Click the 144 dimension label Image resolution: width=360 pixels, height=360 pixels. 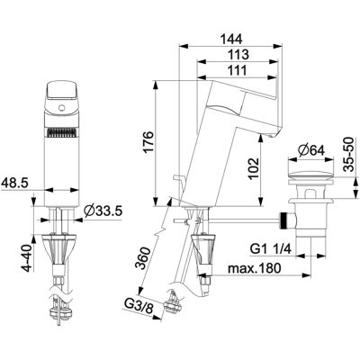point(230,39)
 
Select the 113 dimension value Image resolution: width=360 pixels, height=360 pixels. point(238,55)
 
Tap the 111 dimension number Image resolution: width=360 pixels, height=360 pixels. point(237,70)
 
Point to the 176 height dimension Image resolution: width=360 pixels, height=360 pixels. point(149,142)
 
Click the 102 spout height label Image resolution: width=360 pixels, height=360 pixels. point(254,168)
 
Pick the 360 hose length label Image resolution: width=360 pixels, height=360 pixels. point(142,258)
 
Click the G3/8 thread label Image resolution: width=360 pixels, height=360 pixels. point(139,308)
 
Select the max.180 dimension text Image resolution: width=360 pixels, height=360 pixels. point(255,268)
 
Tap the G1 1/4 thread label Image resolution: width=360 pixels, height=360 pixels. point(271,249)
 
